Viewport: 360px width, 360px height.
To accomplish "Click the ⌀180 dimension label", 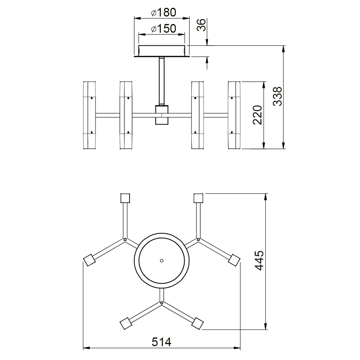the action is [x=164, y=13].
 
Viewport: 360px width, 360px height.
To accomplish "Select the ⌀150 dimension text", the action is [x=164, y=28].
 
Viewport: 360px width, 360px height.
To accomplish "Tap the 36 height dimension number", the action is [x=201, y=25].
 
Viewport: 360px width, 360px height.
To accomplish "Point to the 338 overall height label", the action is [x=277, y=96].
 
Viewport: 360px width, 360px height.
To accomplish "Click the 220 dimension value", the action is [x=257, y=115].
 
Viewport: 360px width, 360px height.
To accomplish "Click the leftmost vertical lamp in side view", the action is [x=89, y=115].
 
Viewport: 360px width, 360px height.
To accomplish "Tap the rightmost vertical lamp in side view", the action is [x=234, y=115].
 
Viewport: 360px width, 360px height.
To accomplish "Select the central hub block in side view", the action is [x=162, y=115].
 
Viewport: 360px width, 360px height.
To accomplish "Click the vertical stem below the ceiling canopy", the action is [x=162, y=81].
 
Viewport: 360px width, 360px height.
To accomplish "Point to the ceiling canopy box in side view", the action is [x=162, y=51].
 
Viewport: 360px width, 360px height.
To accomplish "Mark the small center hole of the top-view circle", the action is [x=162, y=261].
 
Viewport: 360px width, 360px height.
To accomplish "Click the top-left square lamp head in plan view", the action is [x=125, y=198].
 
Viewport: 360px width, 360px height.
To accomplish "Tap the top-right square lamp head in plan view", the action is [x=198, y=198].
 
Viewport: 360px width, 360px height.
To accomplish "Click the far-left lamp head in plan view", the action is [x=89, y=260].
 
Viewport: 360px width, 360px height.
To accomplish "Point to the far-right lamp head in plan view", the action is [x=234, y=260].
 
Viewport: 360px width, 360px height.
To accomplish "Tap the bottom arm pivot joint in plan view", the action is [x=162, y=303].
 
